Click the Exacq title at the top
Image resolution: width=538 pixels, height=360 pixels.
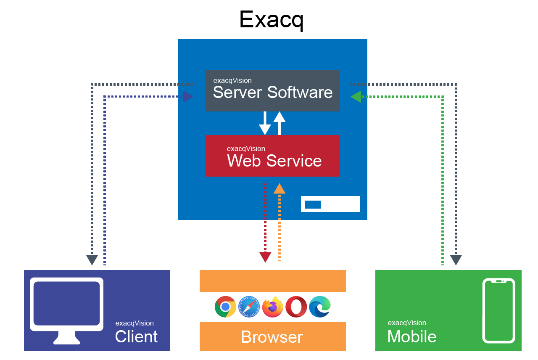[271, 20]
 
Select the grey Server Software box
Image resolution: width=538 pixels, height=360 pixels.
[272, 90]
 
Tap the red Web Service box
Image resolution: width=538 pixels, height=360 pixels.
[272, 156]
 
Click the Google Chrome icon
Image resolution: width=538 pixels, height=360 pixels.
[225, 307]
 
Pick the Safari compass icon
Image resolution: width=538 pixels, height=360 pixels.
[249, 307]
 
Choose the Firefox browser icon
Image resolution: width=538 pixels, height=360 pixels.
[273, 307]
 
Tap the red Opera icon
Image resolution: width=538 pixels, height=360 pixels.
[296, 307]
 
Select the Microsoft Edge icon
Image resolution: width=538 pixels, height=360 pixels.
[319, 307]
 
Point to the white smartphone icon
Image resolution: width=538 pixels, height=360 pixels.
[498, 310]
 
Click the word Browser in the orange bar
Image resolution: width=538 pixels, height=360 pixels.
[272, 337]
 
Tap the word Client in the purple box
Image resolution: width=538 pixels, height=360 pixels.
[136, 336]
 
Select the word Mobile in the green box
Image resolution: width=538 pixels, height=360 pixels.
[411, 336]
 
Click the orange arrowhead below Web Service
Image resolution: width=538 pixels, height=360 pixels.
[280, 189]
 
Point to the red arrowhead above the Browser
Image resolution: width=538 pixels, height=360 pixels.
[265, 257]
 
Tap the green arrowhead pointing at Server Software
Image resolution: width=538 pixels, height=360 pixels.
[356, 97]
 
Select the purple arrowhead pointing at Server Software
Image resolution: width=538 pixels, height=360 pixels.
[187, 97]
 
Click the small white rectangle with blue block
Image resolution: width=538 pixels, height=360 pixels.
[330, 204]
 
